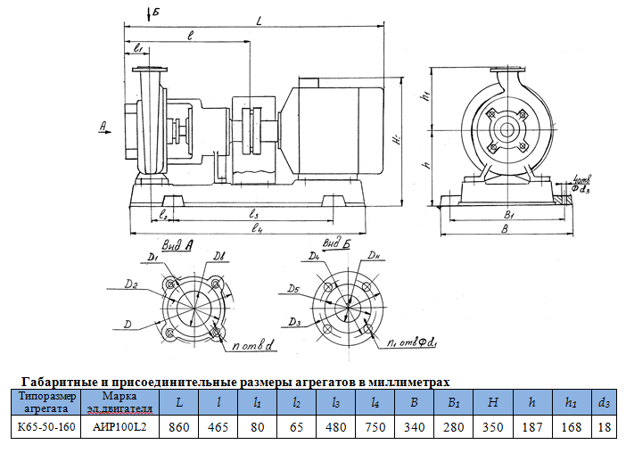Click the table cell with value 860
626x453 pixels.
tap(179, 426)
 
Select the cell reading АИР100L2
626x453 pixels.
tap(119, 426)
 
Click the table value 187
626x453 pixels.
tap(532, 426)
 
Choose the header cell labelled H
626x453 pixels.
tap(492, 402)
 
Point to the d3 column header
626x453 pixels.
tap(605, 402)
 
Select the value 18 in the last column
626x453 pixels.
tap(605, 426)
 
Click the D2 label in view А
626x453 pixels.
tap(131, 284)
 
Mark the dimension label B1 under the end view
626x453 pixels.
tap(507, 215)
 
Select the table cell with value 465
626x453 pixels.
tap(218, 426)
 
